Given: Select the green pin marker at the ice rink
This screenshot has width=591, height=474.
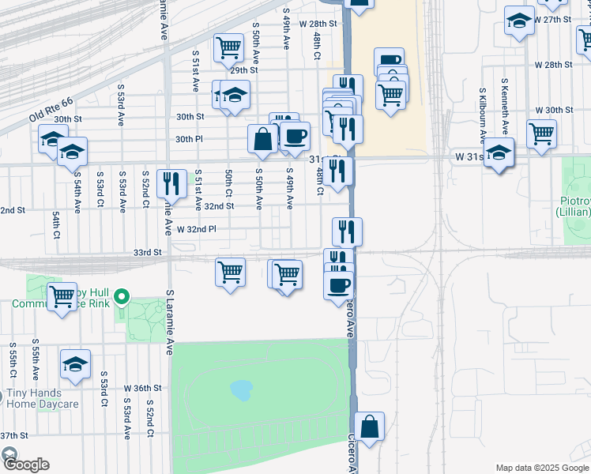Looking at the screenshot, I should tap(121, 298).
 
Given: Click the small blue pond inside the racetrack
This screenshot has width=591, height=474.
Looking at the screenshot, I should tap(240, 389).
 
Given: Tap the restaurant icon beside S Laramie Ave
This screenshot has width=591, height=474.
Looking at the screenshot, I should tap(171, 184).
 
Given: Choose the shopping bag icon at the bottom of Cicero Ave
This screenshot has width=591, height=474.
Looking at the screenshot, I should tap(369, 427).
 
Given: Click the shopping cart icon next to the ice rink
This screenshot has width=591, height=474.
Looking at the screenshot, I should tap(62, 298).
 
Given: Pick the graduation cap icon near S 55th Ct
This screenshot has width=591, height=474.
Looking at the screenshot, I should tap(76, 364).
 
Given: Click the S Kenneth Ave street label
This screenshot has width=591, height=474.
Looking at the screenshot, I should tap(505, 103).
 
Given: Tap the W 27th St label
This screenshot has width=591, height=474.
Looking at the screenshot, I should tap(551, 19).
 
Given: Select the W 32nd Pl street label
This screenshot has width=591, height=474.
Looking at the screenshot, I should tap(197, 229).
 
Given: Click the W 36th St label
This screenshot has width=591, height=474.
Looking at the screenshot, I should tap(142, 389).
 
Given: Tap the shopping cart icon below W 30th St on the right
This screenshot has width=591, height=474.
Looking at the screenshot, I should tap(541, 134).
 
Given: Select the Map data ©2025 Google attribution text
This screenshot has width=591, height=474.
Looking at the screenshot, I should tap(541, 468).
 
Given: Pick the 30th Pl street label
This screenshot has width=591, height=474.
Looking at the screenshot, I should tap(190, 139).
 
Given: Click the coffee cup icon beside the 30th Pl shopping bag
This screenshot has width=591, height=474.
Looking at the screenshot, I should tap(295, 137).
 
